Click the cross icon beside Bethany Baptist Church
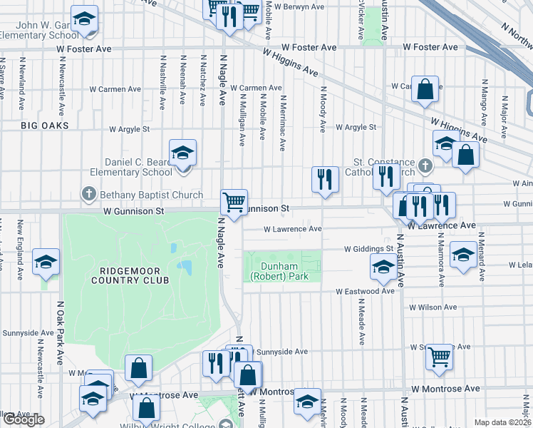[88, 193]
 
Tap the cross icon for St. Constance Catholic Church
[425, 165]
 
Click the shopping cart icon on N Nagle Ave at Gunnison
[234, 202]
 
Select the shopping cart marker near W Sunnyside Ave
[440, 356]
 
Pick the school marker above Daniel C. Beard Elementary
[182, 152]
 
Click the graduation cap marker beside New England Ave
[46, 262]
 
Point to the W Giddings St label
[369, 249]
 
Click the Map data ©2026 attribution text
[502, 422]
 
